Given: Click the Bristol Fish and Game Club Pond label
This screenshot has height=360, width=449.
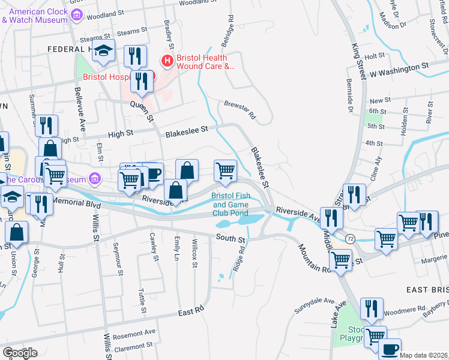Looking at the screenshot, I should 230,204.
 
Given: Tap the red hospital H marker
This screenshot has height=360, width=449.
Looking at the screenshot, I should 166,61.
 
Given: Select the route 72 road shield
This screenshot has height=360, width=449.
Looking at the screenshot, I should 349,239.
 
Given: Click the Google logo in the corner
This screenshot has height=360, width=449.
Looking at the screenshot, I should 20,353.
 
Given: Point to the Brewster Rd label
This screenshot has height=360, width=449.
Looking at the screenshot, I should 240,108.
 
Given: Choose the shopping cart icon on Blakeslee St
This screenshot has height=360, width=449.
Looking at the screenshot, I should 225,170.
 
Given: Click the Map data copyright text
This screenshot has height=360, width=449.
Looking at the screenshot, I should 423,355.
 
